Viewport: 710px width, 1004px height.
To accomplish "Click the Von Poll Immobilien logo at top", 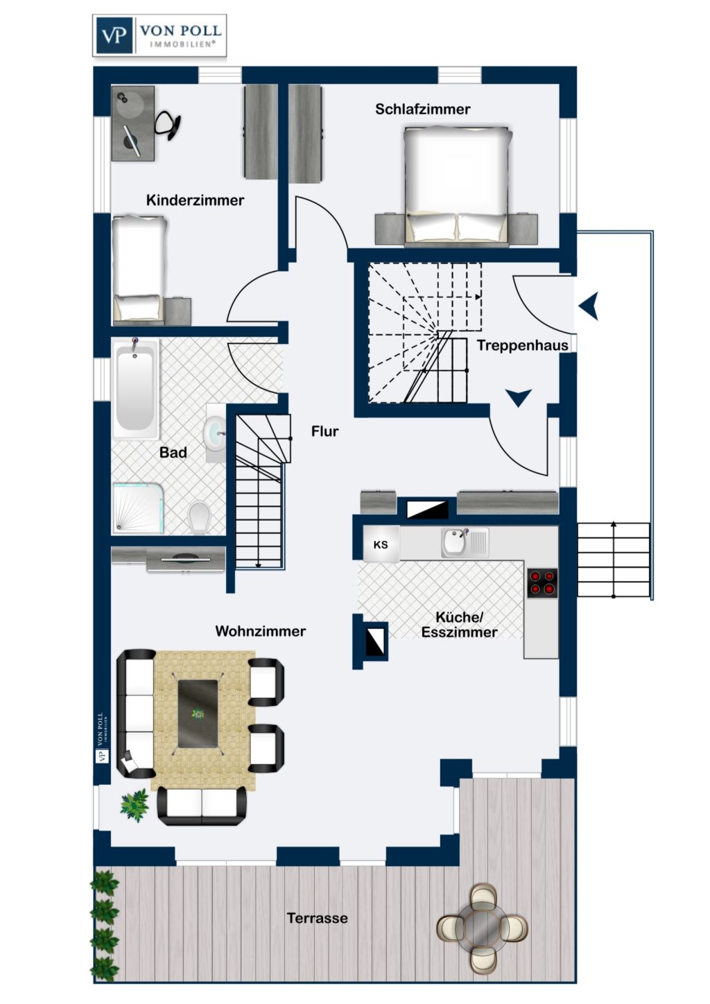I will [x=159, y=35].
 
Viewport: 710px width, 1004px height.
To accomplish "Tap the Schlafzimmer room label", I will [x=422, y=109].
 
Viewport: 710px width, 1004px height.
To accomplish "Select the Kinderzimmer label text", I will [x=195, y=200].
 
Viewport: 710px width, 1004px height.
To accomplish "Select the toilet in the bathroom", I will [x=199, y=517].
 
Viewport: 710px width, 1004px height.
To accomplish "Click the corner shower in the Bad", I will [x=138, y=508].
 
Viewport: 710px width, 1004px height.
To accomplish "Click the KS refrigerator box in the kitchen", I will [x=381, y=544].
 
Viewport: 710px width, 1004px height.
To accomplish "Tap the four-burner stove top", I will [x=542, y=582].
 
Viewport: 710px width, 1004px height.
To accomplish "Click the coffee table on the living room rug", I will [x=198, y=713].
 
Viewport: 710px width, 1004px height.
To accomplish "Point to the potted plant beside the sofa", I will [x=134, y=805].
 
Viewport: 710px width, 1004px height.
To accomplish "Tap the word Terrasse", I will [x=317, y=918].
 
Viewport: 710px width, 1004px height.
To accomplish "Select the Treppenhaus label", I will [x=522, y=345].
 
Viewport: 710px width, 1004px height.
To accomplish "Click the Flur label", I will [x=324, y=431].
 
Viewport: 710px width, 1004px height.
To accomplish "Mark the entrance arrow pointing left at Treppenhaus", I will [x=589, y=305].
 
